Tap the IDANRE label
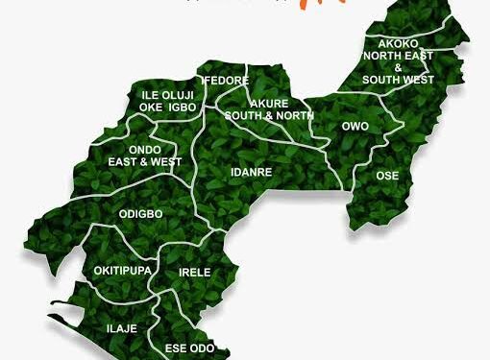point(252,173)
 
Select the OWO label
point(355,126)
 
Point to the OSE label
point(387,176)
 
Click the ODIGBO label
point(139,213)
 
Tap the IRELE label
point(195,273)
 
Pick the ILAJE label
point(121,329)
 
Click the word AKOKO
point(398,44)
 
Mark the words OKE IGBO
point(168,108)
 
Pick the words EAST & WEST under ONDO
point(146,162)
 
